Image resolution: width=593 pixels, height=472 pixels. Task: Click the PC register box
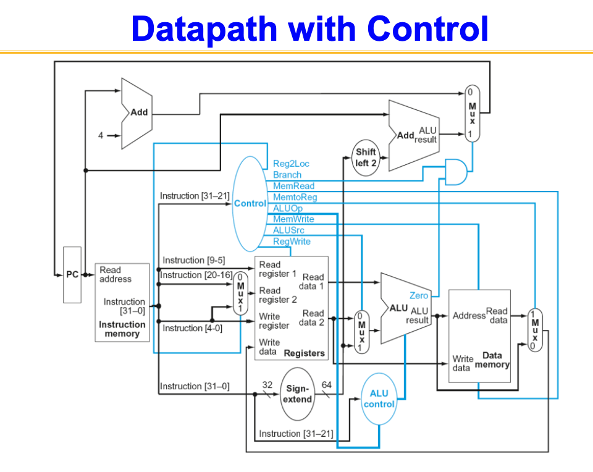click(x=72, y=274)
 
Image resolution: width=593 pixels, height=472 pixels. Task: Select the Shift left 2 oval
click(x=366, y=157)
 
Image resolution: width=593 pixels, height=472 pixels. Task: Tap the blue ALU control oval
click(x=379, y=398)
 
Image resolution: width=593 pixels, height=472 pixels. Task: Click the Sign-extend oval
click(x=298, y=394)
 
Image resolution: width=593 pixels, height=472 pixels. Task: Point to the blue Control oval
click(x=250, y=203)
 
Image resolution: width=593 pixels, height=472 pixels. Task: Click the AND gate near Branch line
click(x=455, y=171)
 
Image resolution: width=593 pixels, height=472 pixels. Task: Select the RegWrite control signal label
click(x=292, y=242)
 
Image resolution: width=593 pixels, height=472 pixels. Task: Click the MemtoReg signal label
click(x=295, y=197)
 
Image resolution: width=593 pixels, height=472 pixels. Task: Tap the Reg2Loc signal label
click(x=291, y=164)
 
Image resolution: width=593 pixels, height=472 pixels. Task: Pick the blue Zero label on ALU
click(x=419, y=296)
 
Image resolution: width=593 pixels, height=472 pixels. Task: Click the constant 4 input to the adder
click(x=101, y=136)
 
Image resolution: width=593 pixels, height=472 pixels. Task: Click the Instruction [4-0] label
click(x=192, y=328)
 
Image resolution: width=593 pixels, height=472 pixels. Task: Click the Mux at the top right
click(x=472, y=113)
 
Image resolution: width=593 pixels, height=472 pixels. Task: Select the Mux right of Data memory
click(x=535, y=330)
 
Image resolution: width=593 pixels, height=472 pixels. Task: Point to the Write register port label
click(x=274, y=321)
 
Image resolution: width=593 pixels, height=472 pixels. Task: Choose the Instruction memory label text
click(x=122, y=329)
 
